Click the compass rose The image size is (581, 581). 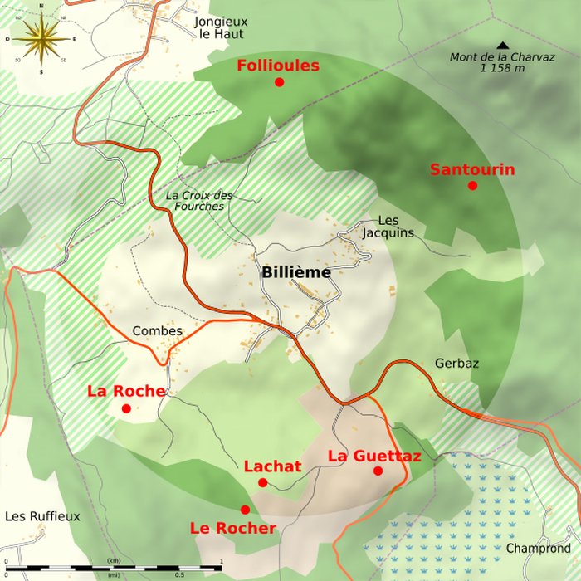coord(41,39)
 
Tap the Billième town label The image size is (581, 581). coord(296,272)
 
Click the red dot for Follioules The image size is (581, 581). coord(280,82)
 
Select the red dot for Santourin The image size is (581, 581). coord(472,185)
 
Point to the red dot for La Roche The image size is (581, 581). coord(126,408)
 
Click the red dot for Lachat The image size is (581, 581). coord(262,482)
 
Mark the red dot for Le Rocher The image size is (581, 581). coord(245,510)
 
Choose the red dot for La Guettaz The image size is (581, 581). coord(378,471)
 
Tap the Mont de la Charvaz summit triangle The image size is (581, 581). coord(502,46)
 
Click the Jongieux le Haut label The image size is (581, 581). coord(222,28)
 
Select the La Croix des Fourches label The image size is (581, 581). coord(199,201)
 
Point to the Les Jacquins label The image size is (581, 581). coord(388,227)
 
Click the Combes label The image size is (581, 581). coord(157,330)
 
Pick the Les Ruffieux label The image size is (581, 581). coord(42,516)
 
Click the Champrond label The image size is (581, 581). coord(539,549)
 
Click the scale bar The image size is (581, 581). coord(116,568)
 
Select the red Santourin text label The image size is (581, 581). coord(471,170)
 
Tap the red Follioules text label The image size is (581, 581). coord(278,66)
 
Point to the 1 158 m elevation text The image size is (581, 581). coord(502,68)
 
